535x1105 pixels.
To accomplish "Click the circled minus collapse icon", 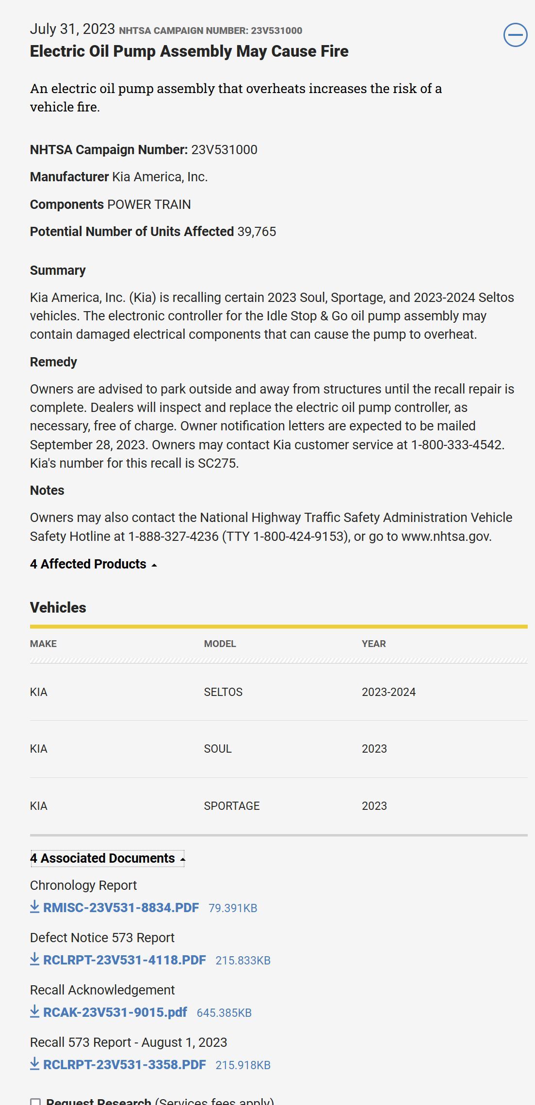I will click(x=515, y=35).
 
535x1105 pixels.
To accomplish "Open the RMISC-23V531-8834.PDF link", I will click(x=121, y=908).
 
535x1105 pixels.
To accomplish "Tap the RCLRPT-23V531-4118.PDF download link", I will click(x=124, y=960).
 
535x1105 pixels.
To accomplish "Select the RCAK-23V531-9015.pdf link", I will click(x=115, y=1012).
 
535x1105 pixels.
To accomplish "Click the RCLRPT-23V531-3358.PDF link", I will click(x=124, y=1065).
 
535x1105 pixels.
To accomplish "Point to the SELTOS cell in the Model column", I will click(x=223, y=692).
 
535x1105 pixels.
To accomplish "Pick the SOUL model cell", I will click(x=218, y=749).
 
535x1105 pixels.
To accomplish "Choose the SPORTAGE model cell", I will click(x=232, y=806).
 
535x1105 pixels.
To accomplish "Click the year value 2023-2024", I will click(x=389, y=692).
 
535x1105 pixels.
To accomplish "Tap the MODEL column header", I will click(x=220, y=644).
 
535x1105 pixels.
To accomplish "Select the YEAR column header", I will click(x=373, y=644).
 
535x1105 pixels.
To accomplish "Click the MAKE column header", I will click(x=43, y=644).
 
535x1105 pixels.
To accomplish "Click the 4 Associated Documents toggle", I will click(x=107, y=858).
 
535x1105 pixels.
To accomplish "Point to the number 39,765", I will click(x=257, y=232).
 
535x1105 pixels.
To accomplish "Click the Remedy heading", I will click(x=53, y=362).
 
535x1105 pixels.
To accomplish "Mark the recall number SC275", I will click(x=218, y=463).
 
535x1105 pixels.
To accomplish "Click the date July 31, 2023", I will click(x=72, y=29).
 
